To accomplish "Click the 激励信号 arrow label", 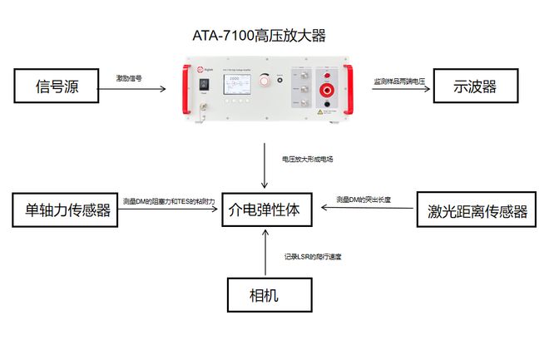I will [x=129, y=78].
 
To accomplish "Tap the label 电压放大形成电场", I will [x=308, y=157].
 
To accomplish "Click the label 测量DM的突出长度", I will [x=364, y=200].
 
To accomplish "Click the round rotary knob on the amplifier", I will [x=265, y=81].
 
